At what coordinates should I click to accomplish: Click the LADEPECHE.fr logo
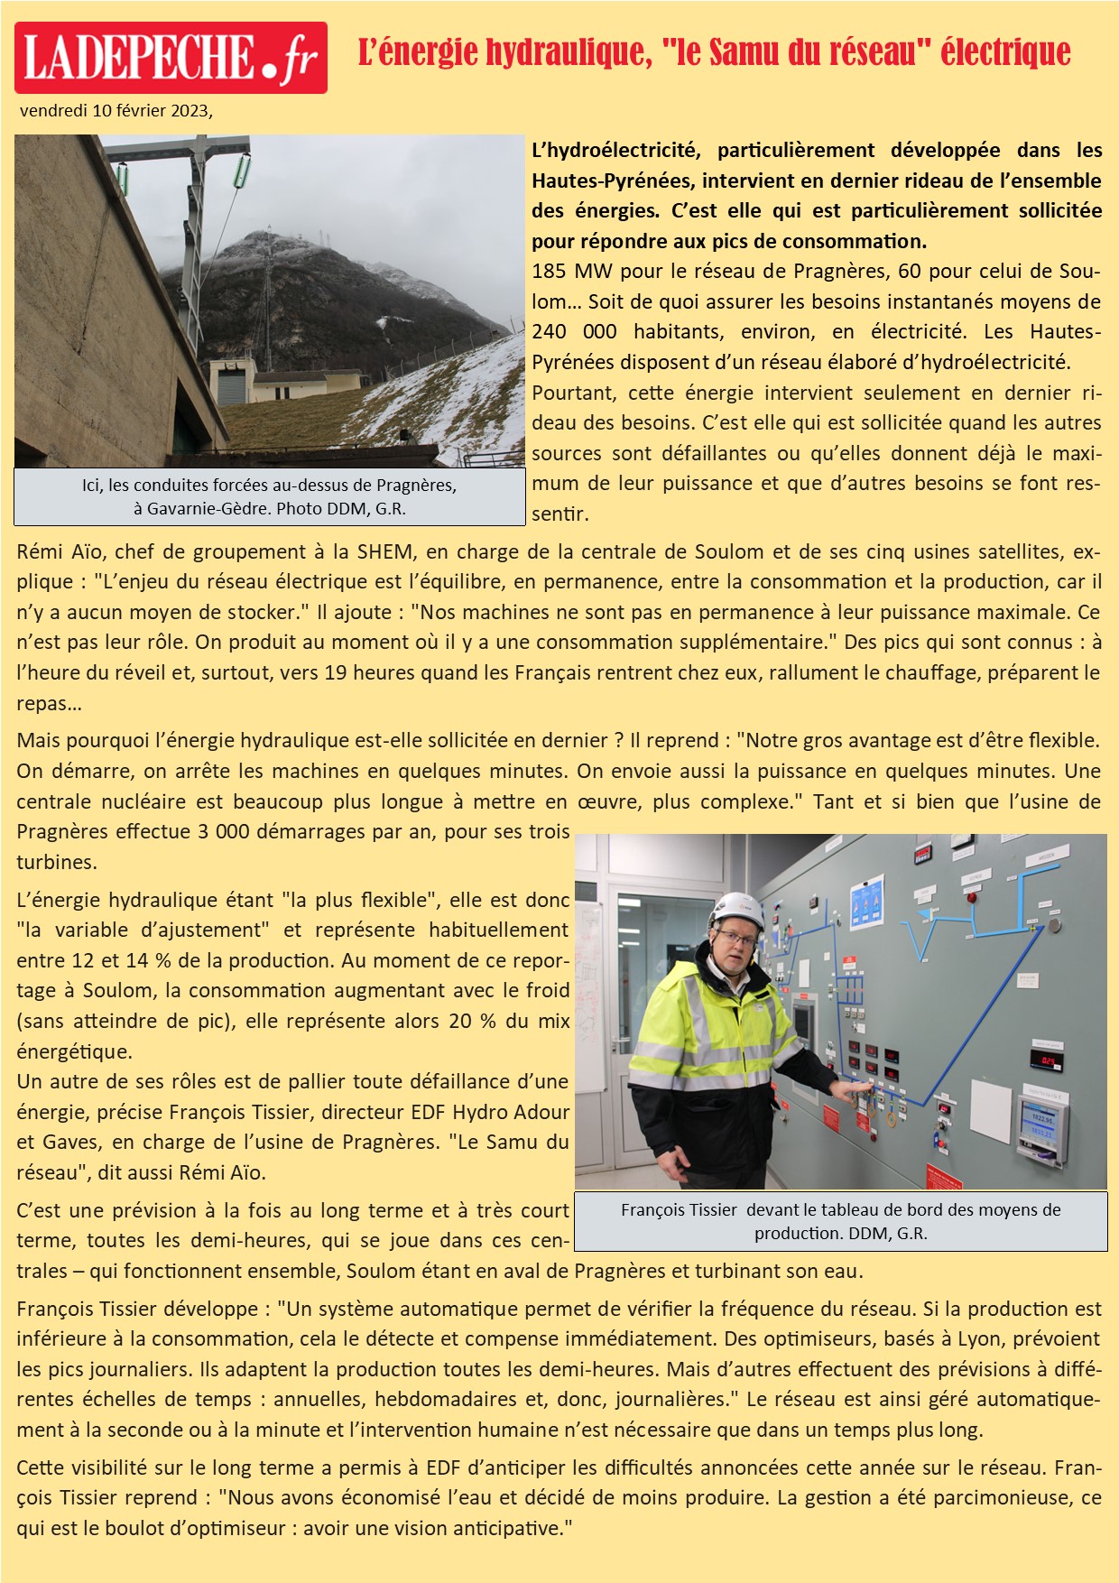click(x=171, y=58)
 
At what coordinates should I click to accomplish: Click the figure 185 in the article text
click(x=549, y=272)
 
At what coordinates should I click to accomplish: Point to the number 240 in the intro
click(x=549, y=332)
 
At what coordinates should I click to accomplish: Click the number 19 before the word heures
click(x=336, y=673)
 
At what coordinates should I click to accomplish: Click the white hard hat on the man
click(x=735, y=911)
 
